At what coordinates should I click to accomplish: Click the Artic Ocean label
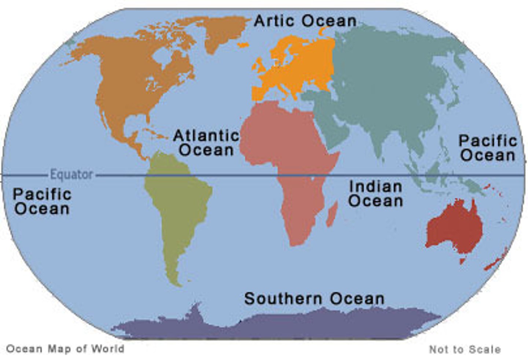(305, 21)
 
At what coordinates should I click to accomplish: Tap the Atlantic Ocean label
(206, 143)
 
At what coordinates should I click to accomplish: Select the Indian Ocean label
(375, 193)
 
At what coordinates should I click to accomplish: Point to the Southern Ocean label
(314, 298)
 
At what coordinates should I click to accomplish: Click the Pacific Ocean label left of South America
(42, 201)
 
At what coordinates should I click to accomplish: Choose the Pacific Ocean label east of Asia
(488, 148)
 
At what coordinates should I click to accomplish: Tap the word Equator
(71, 174)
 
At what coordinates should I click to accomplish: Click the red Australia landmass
(455, 228)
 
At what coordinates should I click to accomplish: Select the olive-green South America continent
(176, 206)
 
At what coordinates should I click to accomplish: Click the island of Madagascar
(332, 214)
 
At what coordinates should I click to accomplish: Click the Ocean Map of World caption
(65, 349)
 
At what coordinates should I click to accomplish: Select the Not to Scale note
(465, 349)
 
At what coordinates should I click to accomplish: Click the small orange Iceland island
(243, 45)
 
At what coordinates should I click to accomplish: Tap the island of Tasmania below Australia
(463, 261)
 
